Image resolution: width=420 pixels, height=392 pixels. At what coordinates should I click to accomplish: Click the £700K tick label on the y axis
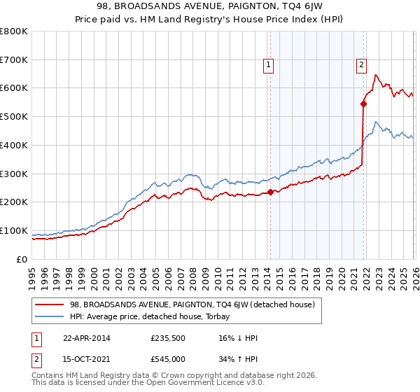click(x=14, y=59)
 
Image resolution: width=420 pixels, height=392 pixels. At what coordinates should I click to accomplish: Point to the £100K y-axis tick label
click(x=14, y=230)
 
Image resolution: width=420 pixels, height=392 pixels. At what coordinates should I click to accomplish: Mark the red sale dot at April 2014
click(x=270, y=192)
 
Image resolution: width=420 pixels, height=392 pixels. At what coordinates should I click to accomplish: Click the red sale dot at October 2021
click(x=363, y=104)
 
